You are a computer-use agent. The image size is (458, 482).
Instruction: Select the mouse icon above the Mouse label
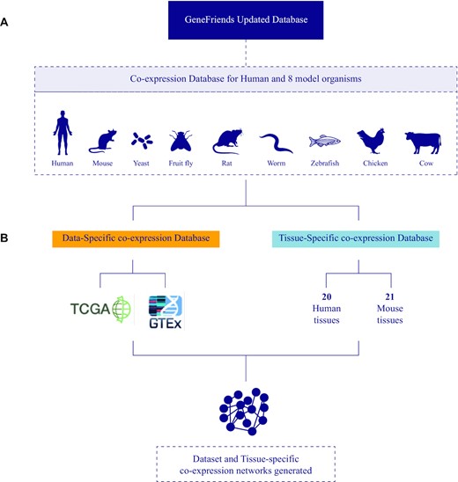[x=104, y=140]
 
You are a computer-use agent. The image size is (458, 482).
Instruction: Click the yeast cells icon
[x=142, y=140]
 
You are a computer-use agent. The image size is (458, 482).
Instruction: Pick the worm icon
[x=275, y=141]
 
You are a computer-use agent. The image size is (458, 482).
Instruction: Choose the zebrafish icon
[x=324, y=141]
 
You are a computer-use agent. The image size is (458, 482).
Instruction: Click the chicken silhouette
[x=370, y=141]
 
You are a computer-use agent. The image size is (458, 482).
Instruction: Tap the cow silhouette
[x=422, y=142]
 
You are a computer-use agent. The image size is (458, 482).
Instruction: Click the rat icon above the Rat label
[x=227, y=140]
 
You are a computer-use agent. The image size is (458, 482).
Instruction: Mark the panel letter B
[x=8, y=237]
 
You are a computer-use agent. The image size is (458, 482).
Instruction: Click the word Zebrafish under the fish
[x=324, y=163]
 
